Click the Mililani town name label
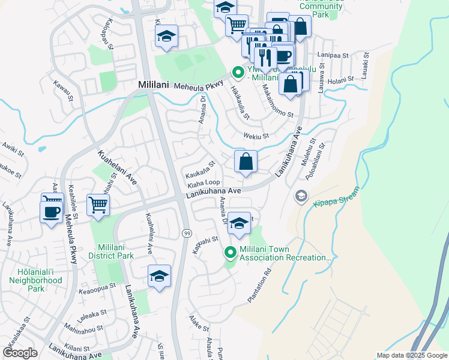tap(152, 85)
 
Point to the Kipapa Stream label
tap(336, 197)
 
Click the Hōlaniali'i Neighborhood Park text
tap(36, 280)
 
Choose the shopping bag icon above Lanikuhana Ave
tap(246, 161)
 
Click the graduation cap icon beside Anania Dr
tap(239, 224)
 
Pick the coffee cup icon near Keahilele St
tap(50, 211)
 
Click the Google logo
tap(20, 353)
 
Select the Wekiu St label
tap(256, 136)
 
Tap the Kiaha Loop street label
tap(204, 182)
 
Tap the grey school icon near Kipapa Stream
tap(300, 196)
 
